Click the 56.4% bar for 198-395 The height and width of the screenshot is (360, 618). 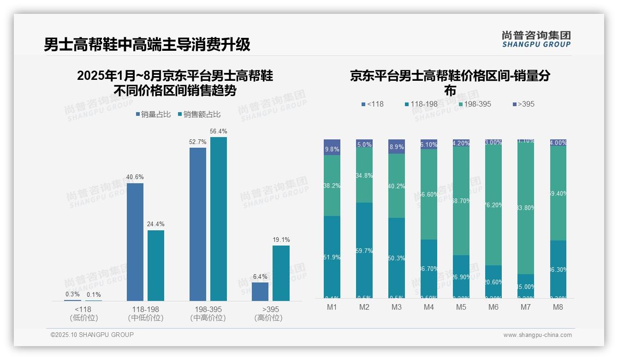(x=219, y=219)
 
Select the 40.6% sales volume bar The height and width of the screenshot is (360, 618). (x=135, y=242)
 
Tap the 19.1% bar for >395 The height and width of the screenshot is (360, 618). (x=281, y=273)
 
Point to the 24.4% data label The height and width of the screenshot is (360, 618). (x=156, y=224)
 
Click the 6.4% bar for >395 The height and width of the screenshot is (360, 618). (x=260, y=291)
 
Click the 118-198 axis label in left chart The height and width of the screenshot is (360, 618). (x=146, y=309)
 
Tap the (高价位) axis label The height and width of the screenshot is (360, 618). (x=268, y=318)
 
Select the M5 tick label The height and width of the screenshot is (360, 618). (x=461, y=307)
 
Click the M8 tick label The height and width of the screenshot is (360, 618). (x=558, y=307)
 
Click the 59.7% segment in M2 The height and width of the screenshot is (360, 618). (x=364, y=250)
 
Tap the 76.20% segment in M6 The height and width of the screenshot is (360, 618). (x=493, y=205)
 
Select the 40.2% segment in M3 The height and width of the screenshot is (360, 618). (x=397, y=186)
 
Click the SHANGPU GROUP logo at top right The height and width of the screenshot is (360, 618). (x=536, y=39)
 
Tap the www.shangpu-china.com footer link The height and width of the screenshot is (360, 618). (x=537, y=335)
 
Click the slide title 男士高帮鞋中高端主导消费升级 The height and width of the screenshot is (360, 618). (x=147, y=44)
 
